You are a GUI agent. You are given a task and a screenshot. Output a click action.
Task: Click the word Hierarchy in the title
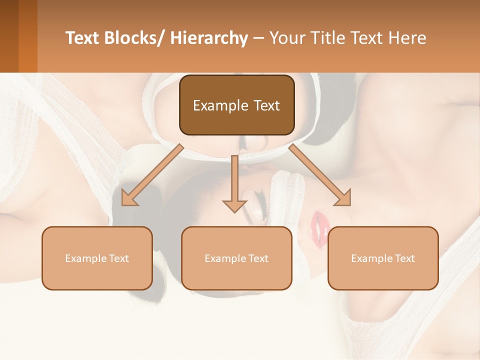point(209,38)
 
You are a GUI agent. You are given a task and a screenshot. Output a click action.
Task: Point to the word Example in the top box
point(220,106)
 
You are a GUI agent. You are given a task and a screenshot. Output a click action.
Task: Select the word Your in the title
point(284,38)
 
